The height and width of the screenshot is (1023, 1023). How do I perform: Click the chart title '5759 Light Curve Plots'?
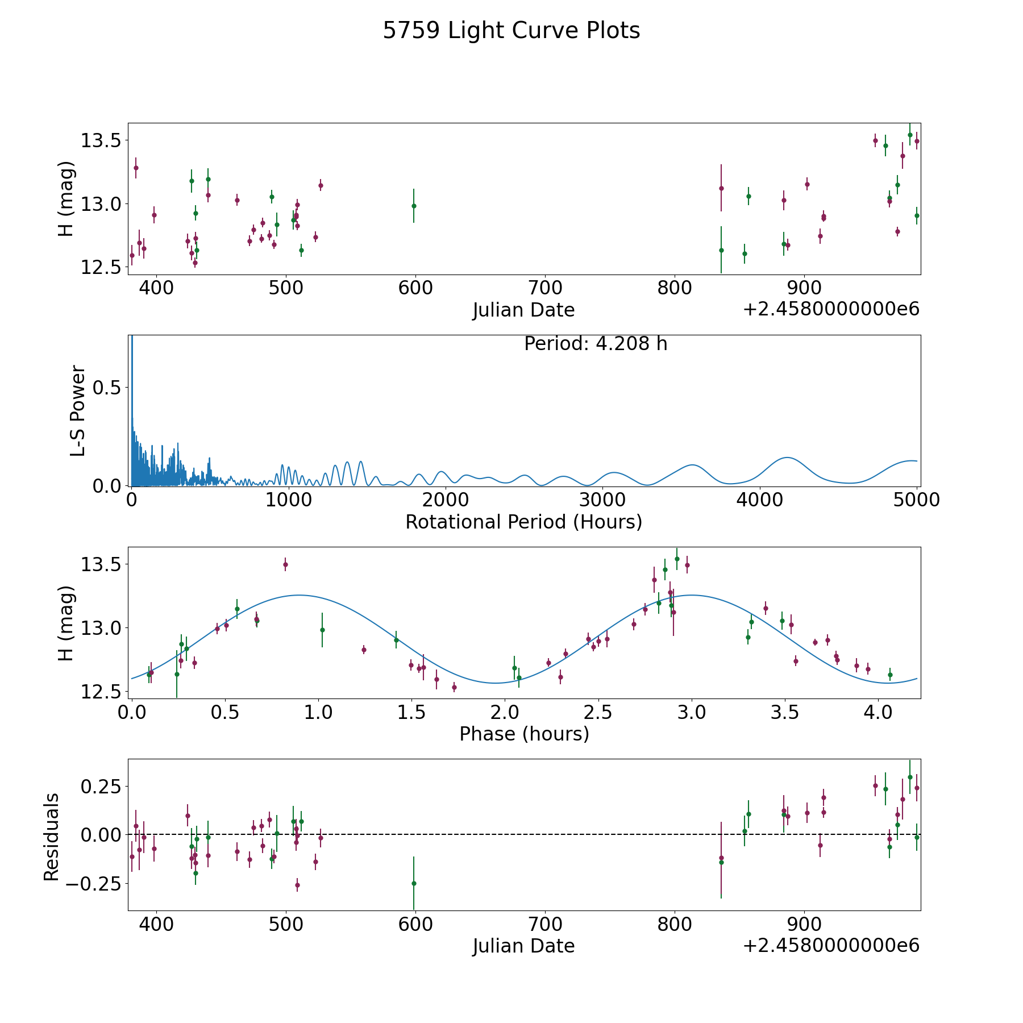coord(511,31)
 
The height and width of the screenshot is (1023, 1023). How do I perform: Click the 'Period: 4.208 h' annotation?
coord(596,344)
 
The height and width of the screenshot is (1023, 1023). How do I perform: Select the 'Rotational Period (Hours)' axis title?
coord(524,522)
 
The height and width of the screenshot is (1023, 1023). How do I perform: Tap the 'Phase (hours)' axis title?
coord(524,734)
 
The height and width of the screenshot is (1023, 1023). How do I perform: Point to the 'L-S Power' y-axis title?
coord(78,411)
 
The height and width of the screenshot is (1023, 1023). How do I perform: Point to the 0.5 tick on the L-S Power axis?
coord(107,387)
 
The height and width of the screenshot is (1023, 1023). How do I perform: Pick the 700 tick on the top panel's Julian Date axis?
coord(544,288)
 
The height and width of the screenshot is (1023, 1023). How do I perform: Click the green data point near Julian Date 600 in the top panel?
coord(414,206)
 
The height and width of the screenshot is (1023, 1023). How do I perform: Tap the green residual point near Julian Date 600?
coord(414,883)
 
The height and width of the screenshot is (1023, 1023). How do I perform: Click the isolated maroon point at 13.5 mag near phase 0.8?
coord(285,564)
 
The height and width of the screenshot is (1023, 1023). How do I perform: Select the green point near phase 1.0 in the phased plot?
coord(322,630)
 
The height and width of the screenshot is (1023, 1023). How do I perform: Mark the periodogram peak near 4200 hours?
coord(787,458)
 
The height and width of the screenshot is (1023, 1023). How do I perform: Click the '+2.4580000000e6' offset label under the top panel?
coord(831,309)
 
